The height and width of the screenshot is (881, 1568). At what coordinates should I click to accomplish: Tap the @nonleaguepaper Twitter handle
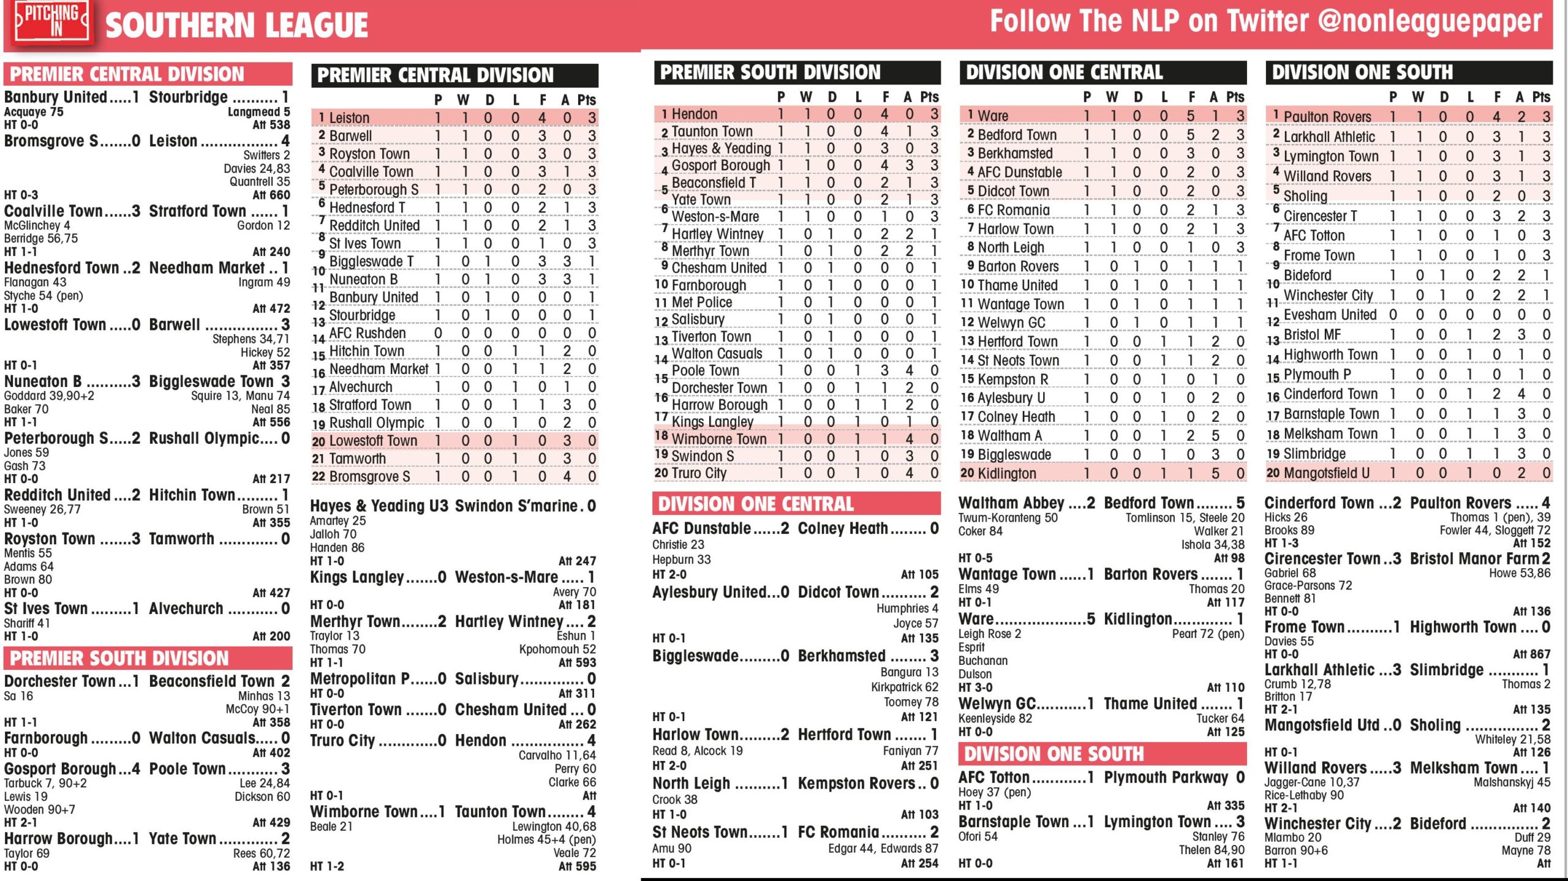click(1430, 22)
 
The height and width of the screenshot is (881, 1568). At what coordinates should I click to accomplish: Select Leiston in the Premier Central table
click(349, 118)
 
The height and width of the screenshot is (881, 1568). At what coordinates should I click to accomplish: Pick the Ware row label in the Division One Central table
click(992, 115)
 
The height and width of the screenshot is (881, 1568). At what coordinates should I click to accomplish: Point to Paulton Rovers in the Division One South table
click(1327, 116)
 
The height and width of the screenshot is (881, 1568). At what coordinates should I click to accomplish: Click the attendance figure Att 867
click(1531, 654)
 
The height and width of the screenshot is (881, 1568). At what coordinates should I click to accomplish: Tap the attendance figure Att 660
click(271, 195)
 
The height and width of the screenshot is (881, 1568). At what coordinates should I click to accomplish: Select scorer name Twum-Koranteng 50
click(1008, 518)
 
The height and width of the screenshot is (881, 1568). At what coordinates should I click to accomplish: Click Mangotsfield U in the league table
click(1326, 473)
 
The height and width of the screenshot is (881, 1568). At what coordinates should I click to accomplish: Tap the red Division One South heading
click(1053, 754)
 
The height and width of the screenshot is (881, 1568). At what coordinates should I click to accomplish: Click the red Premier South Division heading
click(119, 658)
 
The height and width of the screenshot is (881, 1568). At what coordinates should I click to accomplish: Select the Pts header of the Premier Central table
click(586, 100)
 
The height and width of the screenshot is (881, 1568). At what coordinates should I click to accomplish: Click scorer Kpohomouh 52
click(557, 649)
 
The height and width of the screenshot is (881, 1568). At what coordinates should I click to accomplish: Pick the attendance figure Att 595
click(577, 866)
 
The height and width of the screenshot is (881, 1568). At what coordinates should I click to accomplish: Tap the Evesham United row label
click(1329, 315)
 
